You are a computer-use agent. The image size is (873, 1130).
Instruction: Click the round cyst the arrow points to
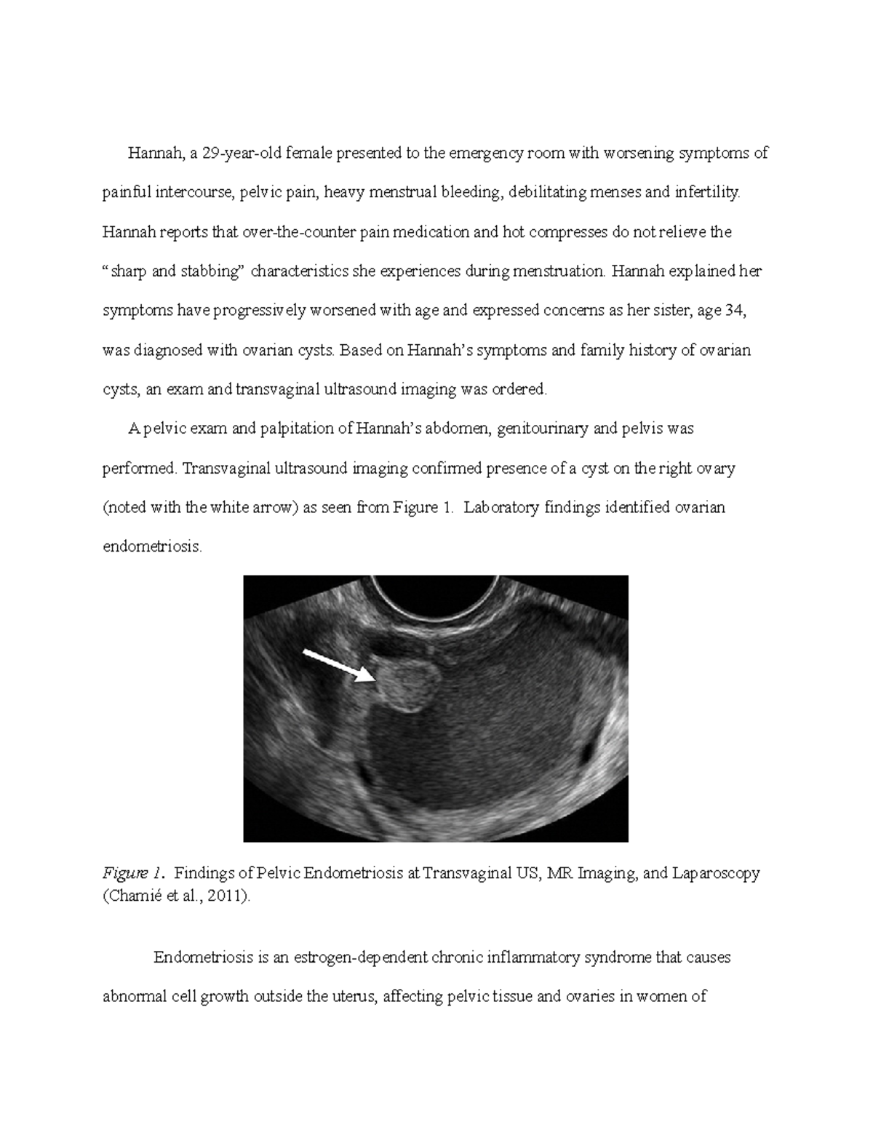407,681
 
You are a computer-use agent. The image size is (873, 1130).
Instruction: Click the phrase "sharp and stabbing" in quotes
172,271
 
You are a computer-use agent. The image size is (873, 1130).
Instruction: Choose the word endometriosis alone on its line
151,546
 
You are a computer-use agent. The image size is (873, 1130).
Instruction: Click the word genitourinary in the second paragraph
542,429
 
